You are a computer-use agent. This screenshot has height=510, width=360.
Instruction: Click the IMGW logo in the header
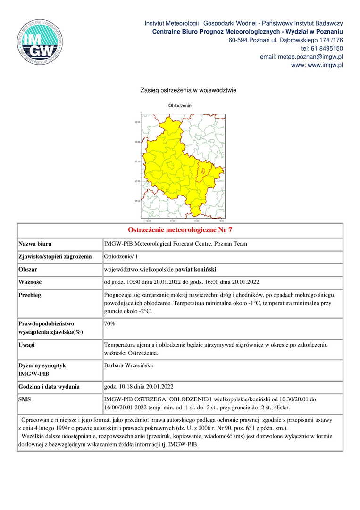[40, 42]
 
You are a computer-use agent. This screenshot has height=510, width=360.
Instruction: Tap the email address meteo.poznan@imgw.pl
[301, 57]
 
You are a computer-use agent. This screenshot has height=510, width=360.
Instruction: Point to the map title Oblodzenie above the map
[180, 105]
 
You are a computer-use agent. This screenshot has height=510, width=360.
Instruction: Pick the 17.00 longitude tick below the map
[172, 221]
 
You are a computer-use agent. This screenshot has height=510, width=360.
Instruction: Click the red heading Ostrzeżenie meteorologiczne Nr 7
[180, 230]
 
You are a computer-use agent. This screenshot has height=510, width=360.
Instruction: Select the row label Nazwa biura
[35, 244]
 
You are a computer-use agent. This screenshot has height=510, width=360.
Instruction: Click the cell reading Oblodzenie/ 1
[121, 256]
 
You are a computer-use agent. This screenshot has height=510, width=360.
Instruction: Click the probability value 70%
[109, 324]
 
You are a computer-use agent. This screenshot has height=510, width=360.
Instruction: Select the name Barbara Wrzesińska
[129, 365]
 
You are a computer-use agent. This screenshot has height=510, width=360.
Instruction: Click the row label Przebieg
[30, 295]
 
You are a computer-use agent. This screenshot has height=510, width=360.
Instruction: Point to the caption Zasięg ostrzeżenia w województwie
[188, 90]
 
